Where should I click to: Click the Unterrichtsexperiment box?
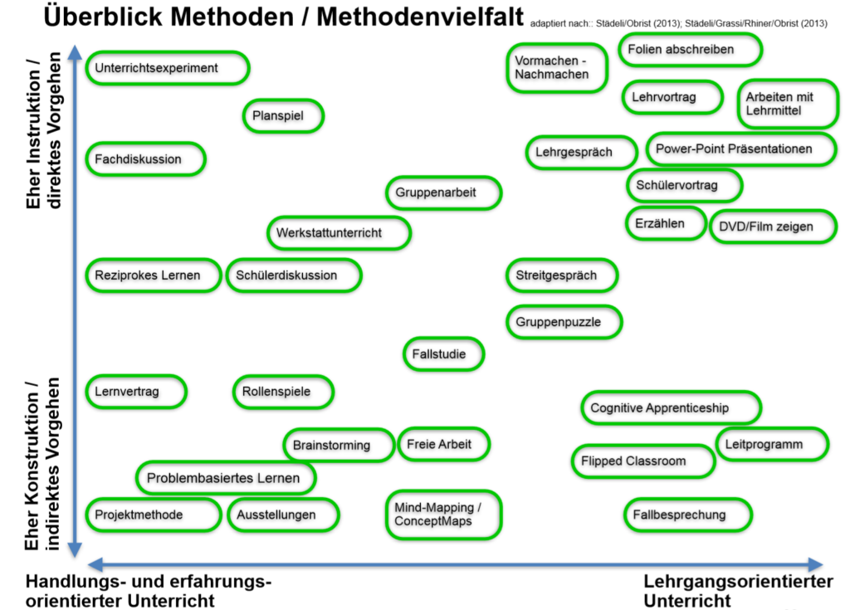pos(168,68)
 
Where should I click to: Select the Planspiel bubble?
pos(283,115)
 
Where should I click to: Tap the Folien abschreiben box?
pos(690,50)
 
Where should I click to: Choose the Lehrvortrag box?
pos(672,98)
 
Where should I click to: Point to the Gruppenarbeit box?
pos(443,193)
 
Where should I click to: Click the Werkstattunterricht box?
pos(339,233)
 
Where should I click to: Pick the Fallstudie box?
pos(443,354)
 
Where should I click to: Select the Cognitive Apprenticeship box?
pos(671,407)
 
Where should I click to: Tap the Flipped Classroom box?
pos(643,461)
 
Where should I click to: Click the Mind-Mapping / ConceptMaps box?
pos(443,515)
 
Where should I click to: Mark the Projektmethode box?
pos(154,515)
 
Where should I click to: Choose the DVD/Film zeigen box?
pos(773,227)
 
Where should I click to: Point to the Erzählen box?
pos(667,223)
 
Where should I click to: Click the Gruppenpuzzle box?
pos(564,322)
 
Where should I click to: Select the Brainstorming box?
pos(339,445)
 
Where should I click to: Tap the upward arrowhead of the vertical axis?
pos(76,52)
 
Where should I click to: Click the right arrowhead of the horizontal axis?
pos(816,564)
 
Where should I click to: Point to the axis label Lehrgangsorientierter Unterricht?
pos(738,591)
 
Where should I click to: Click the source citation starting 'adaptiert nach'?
pos(679,23)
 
